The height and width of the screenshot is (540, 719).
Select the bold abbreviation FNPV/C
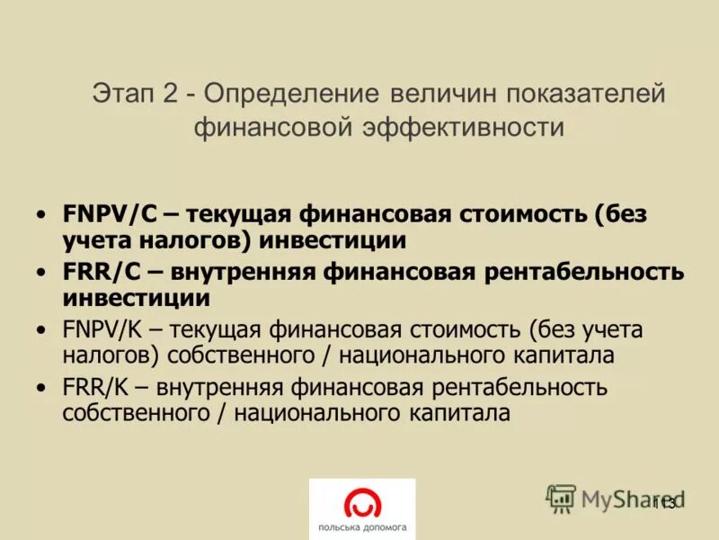110,215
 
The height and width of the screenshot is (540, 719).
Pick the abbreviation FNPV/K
107,329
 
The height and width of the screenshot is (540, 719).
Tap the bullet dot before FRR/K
41,390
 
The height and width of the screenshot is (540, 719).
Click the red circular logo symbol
362,501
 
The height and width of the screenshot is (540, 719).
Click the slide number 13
665,502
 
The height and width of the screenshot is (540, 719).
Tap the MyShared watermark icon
561,498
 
